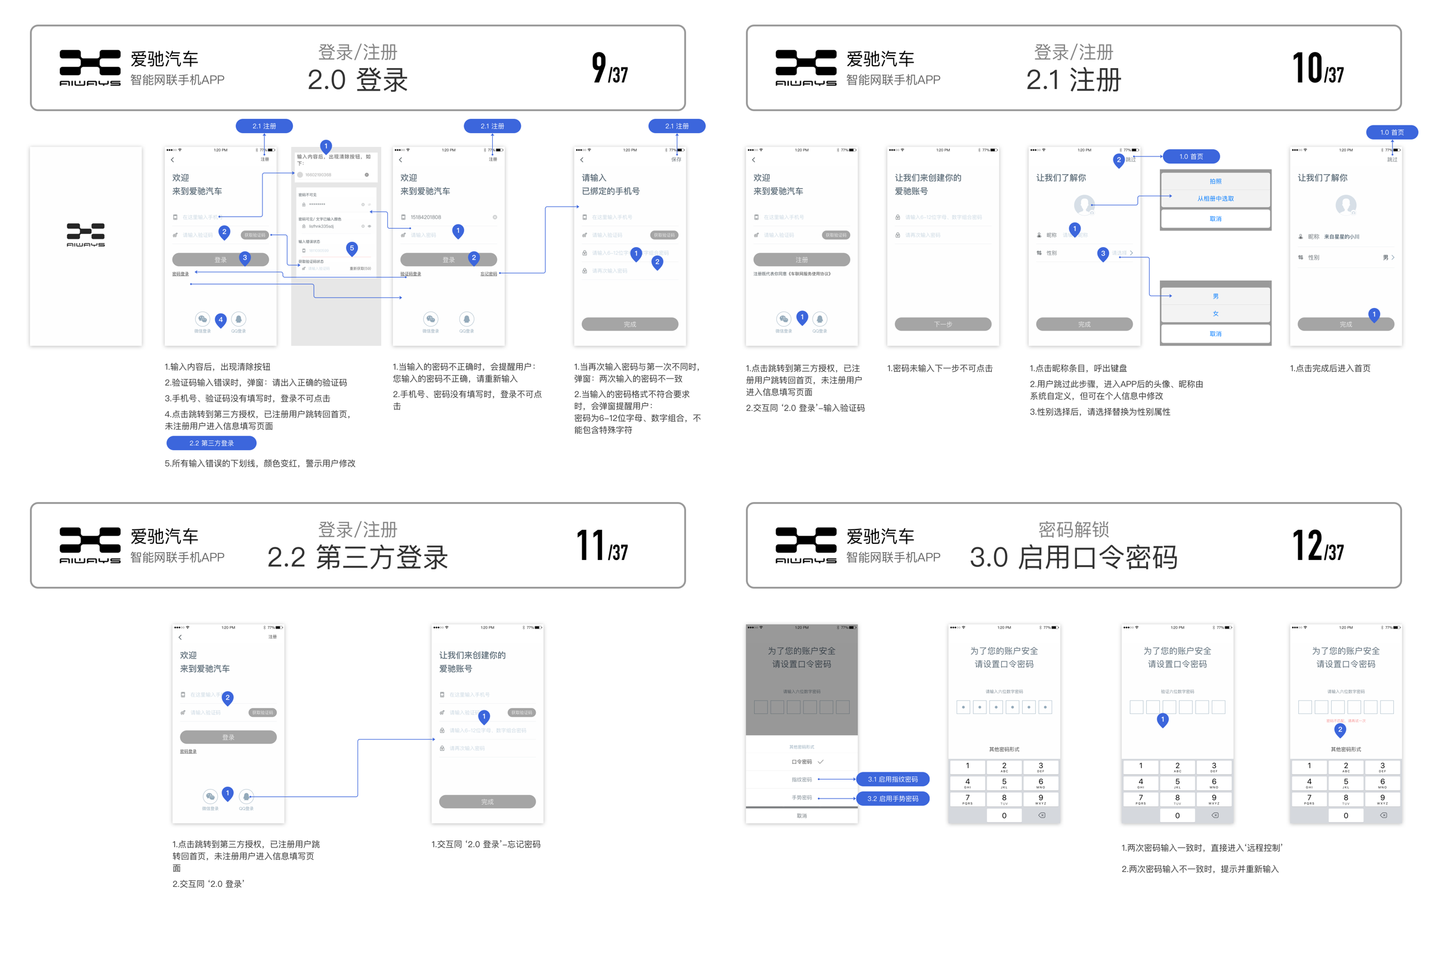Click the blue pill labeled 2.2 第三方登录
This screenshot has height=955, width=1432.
tap(211, 443)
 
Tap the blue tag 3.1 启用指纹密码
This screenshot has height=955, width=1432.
tap(893, 779)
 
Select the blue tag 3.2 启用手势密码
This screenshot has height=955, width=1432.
tap(893, 799)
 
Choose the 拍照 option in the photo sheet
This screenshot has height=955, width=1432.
tap(1215, 181)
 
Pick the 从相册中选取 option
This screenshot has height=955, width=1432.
tap(1215, 199)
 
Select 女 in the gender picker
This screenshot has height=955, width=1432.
tap(1215, 314)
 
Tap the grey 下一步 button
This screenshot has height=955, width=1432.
tap(943, 324)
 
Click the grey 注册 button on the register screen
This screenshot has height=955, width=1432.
tap(801, 260)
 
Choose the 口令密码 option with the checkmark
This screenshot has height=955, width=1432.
tap(802, 762)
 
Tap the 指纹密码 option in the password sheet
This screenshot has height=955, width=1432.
tap(801, 780)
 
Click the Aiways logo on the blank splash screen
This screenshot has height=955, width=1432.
tap(86, 235)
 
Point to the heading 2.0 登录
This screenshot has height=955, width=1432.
tap(357, 80)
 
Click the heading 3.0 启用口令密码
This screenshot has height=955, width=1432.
tap(1073, 557)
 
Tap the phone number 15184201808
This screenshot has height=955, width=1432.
tap(425, 217)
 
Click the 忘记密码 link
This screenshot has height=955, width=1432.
tap(488, 274)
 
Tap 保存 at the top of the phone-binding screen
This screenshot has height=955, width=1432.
tap(676, 159)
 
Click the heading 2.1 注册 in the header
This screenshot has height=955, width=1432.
tap(1073, 80)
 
